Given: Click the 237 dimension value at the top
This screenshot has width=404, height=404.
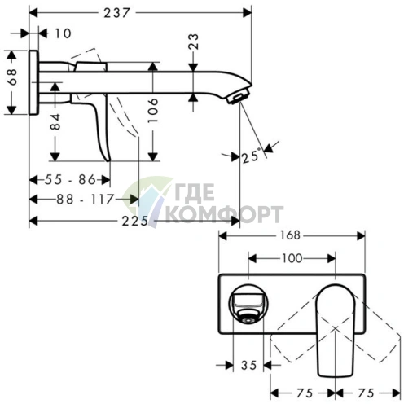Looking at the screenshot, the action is pyautogui.click(x=117, y=13).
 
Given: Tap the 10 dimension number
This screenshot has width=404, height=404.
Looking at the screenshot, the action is pyautogui.click(x=64, y=33).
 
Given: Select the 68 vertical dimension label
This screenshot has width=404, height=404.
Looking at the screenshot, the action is pyautogui.click(x=12, y=77).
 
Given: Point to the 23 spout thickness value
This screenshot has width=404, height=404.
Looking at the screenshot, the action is pyautogui.click(x=193, y=42).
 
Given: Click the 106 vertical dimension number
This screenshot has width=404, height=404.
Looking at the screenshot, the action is pyautogui.click(x=153, y=111).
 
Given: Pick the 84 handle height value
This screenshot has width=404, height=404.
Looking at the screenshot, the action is pyautogui.click(x=55, y=121).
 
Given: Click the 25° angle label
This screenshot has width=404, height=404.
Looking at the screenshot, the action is pyautogui.click(x=251, y=156).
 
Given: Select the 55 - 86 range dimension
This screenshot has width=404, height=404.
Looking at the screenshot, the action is pyautogui.click(x=70, y=179).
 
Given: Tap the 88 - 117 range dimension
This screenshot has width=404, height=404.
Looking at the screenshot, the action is pyautogui.click(x=85, y=200).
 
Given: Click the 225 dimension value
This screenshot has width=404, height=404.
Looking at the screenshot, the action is pyautogui.click(x=134, y=221).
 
